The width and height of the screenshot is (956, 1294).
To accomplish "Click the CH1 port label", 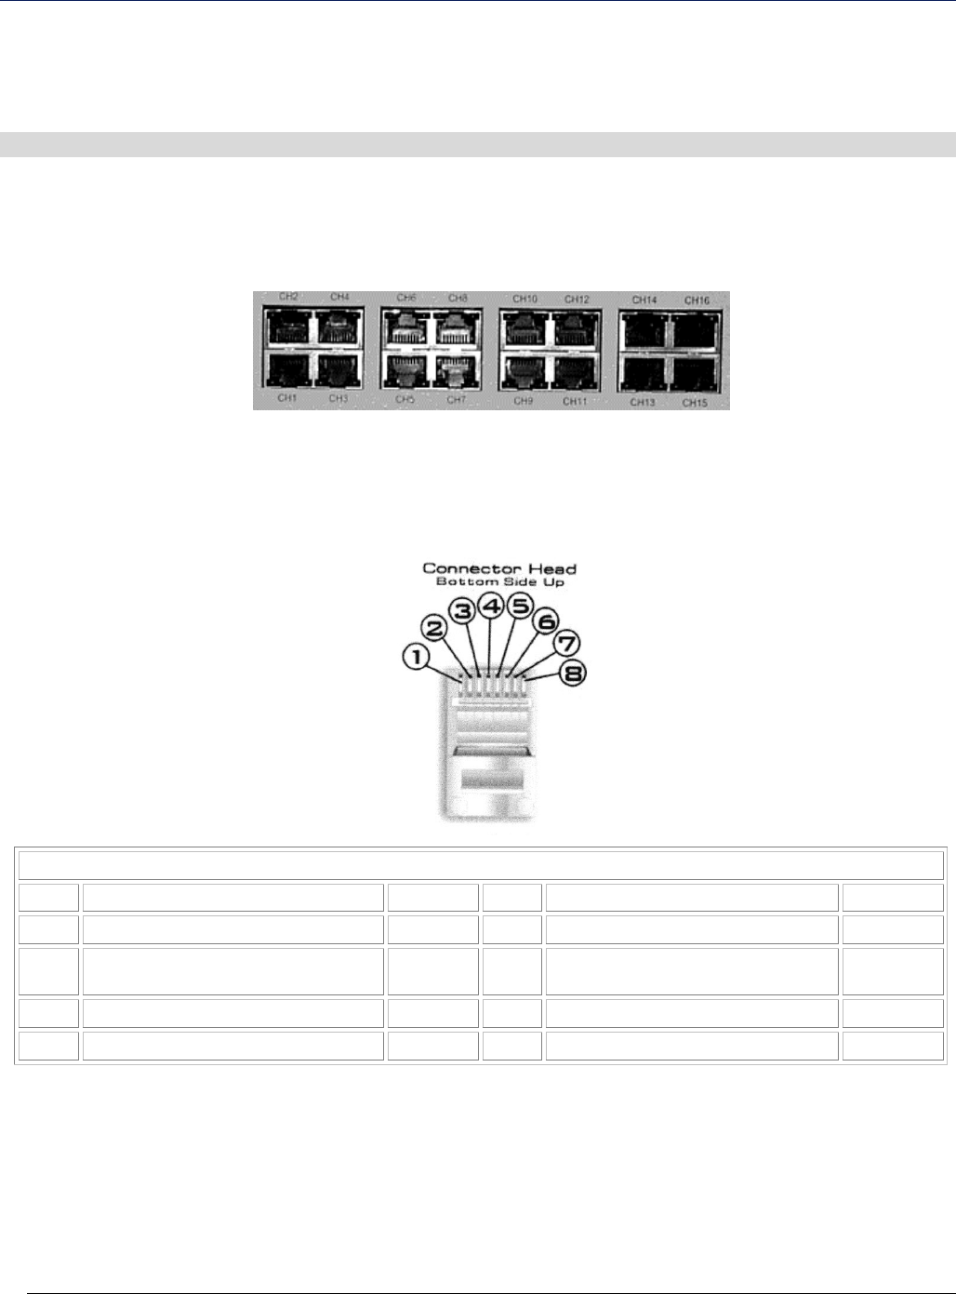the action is (x=286, y=399).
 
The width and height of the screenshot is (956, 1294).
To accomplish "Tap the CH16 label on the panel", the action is (x=697, y=300).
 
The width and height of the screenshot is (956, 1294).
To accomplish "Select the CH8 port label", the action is (x=458, y=298).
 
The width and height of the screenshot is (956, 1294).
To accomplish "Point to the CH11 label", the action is (x=576, y=401).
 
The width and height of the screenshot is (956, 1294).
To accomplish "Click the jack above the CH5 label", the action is (x=405, y=370).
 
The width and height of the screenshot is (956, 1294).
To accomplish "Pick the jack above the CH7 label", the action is (x=454, y=370).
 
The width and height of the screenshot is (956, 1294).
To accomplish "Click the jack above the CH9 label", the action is (x=524, y=371).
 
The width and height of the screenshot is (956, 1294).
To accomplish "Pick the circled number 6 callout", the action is (x=546, y=620).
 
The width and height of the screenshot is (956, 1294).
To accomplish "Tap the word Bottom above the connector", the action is (x=461, y=581).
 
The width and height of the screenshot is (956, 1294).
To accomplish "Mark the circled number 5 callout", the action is (x=520, y=607).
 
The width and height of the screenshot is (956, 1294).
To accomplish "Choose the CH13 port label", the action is (x=644, y=402).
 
